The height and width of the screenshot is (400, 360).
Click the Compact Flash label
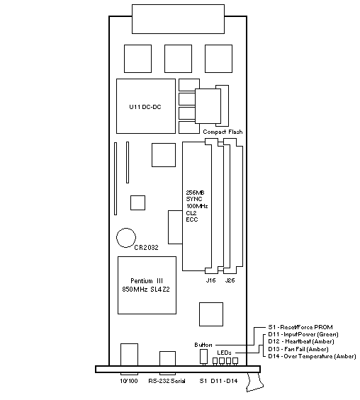223,132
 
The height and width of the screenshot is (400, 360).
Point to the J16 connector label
210,280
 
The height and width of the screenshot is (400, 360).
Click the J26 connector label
230,280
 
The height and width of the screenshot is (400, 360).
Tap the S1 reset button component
203,356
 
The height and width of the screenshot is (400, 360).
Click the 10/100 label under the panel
129,381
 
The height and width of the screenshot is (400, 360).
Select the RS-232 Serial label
167,381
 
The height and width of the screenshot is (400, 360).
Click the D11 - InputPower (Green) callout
303,334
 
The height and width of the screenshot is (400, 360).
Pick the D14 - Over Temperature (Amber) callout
312,356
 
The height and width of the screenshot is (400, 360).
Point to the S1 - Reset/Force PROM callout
300,327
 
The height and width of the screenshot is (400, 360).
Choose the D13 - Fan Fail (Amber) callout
298,349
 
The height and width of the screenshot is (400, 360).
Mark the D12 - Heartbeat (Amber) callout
301,341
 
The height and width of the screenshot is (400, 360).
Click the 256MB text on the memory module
195,193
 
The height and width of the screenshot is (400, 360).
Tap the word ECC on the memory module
192,219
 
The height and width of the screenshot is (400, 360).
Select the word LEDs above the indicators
224,353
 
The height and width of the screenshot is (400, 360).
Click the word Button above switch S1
203,345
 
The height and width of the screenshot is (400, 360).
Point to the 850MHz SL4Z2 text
146,290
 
